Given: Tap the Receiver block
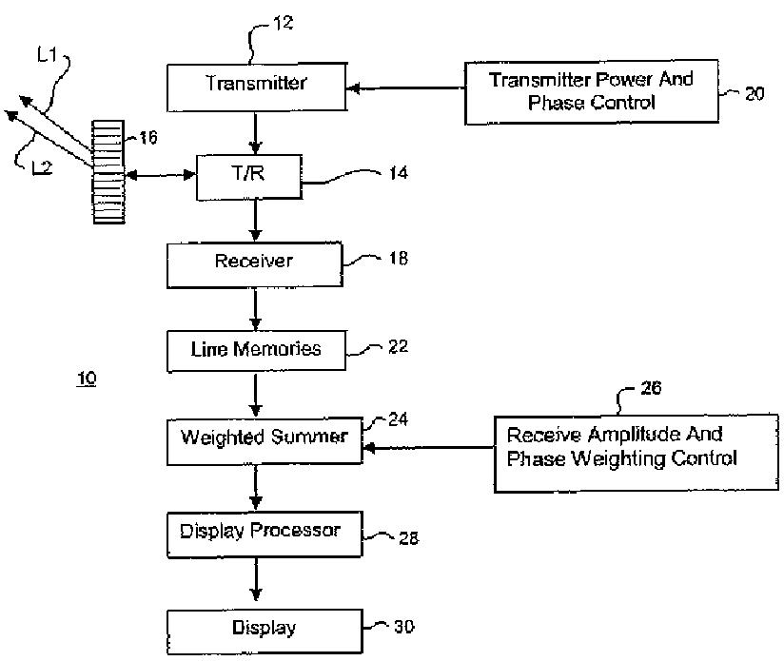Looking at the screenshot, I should (253, 263).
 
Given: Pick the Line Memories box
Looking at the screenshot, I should (255, 350).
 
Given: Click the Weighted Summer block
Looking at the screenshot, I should (265, 439).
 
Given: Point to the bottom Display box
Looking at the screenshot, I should (264, 629).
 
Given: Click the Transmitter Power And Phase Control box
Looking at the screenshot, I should (592, 92).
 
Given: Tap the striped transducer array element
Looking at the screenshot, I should (110, 172).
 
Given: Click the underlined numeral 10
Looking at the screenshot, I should (87, 379).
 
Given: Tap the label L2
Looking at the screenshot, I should (42, 168).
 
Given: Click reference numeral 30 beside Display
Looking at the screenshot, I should (403, 627).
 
